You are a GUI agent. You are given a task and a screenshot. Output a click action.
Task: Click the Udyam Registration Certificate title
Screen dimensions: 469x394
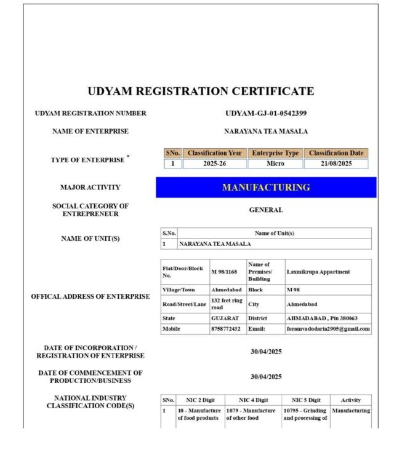[x=201, y=92]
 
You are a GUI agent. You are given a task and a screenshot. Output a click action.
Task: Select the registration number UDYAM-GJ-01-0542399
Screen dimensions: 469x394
[x=266, y=113]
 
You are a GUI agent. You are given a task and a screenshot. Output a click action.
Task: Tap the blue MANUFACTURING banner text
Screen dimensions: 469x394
[x=266, y=187]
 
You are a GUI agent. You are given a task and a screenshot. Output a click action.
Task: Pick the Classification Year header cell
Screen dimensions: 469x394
[x=215, y=153]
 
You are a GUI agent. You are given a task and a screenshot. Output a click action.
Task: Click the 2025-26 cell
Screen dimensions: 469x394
[x=215, y=164]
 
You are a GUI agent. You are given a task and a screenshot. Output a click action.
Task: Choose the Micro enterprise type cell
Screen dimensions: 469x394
[x=275, y=164]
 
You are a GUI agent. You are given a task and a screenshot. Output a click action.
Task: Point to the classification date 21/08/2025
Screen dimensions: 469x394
[x=336, y=164]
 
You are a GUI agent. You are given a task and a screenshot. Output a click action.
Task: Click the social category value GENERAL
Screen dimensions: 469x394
[x=266, y=210]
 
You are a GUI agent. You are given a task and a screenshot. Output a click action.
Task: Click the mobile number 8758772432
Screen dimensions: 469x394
[x=226, y=329]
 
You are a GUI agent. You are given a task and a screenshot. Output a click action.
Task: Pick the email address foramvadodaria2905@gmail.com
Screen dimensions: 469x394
[x=329, y=329]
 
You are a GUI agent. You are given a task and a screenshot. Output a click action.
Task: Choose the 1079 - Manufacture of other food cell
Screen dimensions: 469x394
[x=252, y=414]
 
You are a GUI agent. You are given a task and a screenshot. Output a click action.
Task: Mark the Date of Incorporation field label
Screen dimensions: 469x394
[x=90, y=352]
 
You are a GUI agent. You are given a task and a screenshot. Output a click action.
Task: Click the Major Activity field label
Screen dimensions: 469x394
[x=90, y=187]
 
